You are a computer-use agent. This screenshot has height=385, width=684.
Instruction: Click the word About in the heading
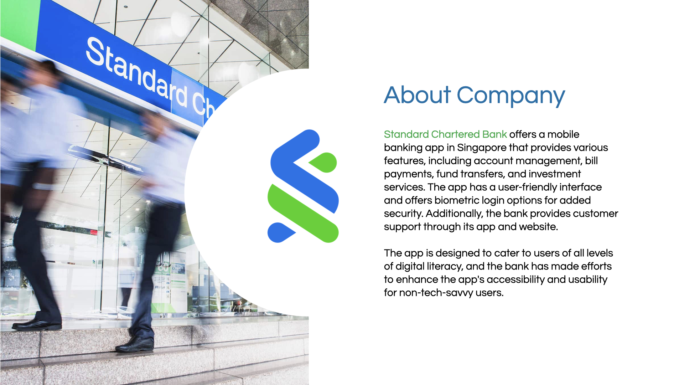418,95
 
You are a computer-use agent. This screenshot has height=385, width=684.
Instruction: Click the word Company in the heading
511,96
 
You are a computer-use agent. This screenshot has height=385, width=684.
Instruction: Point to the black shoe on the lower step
135,344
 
